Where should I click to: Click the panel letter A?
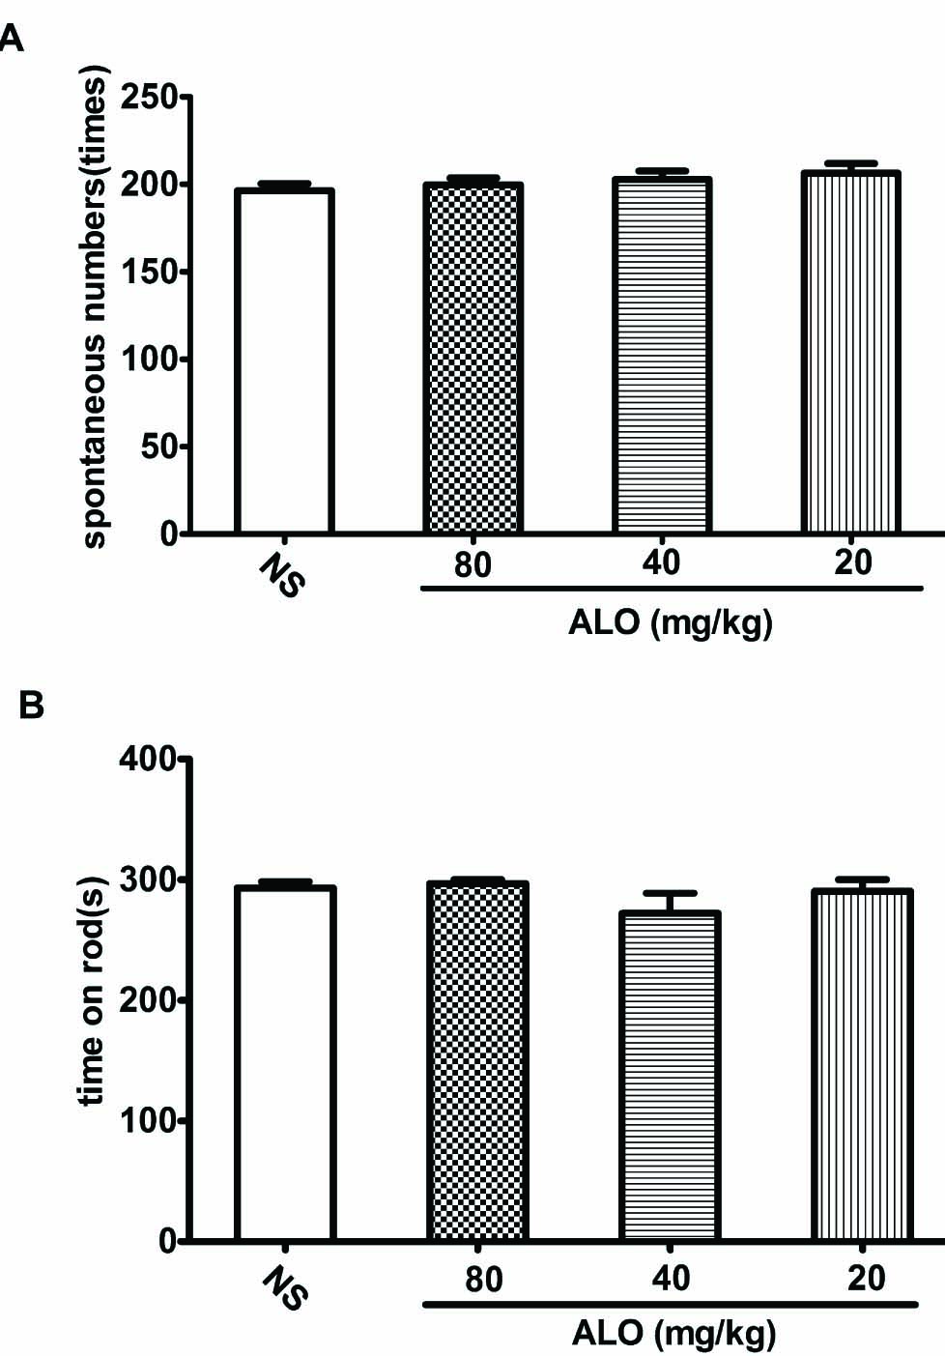pos(9,40)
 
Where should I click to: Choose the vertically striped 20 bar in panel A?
pos(851,353)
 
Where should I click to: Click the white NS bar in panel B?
pos(285,1063)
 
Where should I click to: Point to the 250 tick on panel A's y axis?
pos(151,98)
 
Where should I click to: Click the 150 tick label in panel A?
pos(151,272)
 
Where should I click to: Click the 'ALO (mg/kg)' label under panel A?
pos(671,622)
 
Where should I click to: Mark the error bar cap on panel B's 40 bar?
pos(672,893)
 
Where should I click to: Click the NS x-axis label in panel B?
pos(286,1290)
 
